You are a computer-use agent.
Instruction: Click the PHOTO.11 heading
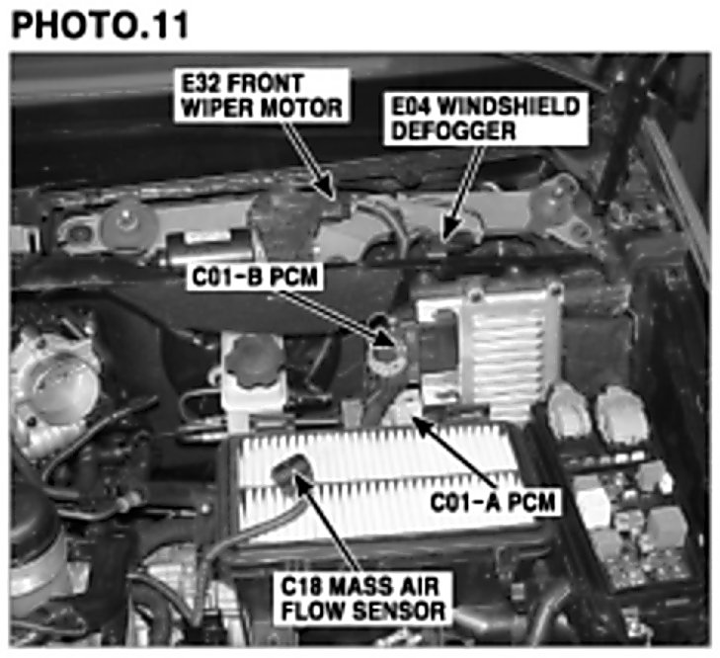click(100, 25)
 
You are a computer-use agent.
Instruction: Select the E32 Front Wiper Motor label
click(262, 96)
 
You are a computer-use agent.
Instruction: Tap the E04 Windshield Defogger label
click(486, 119)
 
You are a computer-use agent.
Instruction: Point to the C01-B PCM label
click(255, 277)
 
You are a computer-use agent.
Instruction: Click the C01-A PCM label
click(493, 501)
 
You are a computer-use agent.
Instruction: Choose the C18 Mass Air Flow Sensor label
click(362, 599)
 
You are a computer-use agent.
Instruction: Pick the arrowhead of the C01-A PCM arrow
click(422, 425)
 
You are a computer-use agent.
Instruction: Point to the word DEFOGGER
click(453, 131)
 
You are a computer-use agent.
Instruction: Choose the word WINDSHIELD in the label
click(509, 107)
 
